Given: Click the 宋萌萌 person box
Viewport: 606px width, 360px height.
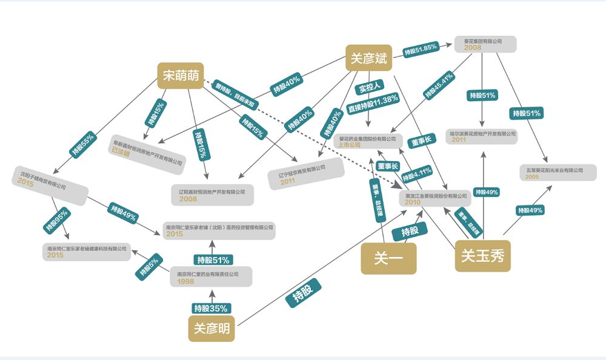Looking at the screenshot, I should [180, 76].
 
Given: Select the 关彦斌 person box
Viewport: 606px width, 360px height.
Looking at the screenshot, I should [368, 58].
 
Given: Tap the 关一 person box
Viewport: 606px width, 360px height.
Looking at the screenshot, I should [388, 259].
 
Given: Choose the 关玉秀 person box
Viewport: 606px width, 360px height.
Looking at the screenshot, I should [482, 256].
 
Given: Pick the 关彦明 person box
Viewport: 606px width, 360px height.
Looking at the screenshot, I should [211, 328].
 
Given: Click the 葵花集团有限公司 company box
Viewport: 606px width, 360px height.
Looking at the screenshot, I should [485, 44].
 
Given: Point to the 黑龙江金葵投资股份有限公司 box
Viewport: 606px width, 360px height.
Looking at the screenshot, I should [437, 199].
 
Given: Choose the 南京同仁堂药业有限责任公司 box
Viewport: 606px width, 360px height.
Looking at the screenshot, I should [210, 277].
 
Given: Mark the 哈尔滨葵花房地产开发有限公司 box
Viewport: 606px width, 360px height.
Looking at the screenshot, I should [482, 136].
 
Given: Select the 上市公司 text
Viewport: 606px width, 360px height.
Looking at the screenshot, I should [350, 145].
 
